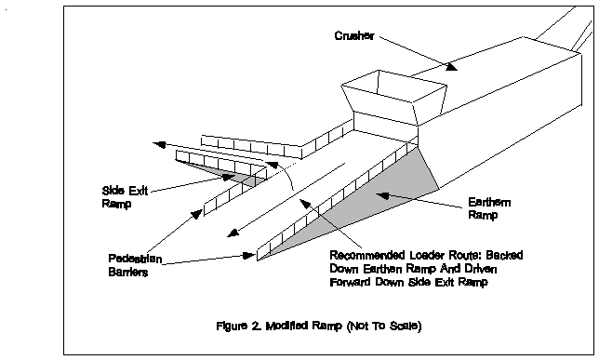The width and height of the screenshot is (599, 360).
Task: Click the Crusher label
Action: coord(354,35)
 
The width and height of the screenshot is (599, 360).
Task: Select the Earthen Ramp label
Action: coord(488,208)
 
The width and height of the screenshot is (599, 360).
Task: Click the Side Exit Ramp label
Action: coord(125,197)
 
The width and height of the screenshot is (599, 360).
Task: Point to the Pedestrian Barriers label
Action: coord(135,265)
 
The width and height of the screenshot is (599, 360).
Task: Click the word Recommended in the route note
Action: coord(367,255)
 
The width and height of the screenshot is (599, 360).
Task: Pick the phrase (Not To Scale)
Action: coord(384,326)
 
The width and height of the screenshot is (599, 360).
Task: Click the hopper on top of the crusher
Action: coord(394,98)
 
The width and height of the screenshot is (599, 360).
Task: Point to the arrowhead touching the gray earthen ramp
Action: coord(382,196)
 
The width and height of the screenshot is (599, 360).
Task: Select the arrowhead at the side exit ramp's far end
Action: coord(159,144)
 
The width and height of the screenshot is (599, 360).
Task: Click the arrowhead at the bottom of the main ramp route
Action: coord(233,233)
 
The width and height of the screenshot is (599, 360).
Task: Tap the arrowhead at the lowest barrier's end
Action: coord(249,255)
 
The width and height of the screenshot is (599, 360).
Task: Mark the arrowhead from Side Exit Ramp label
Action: coord(229,178)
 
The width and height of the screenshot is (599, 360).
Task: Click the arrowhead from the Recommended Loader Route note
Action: coord(304,204)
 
